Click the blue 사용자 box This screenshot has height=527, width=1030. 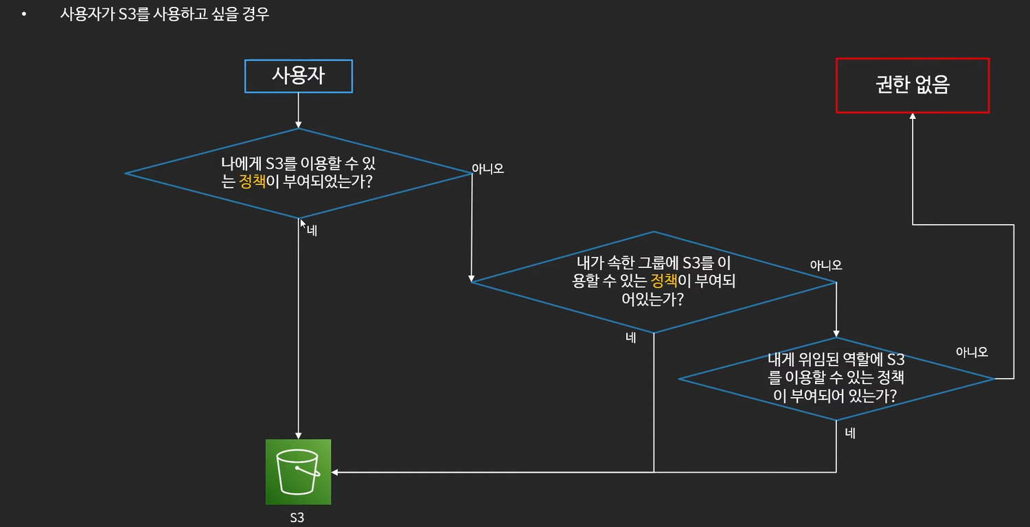tap(298, 76)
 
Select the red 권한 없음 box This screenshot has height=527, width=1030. tap(912, 85)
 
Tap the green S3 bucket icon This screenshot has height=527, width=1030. tap(298, 472)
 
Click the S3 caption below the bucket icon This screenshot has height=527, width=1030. tap(297, 517)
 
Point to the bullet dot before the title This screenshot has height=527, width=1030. tap(25, 14)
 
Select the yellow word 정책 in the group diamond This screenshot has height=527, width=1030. tap(663, 280)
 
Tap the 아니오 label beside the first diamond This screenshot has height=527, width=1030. tap(488, 168)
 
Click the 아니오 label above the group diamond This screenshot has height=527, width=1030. tap(826, 265)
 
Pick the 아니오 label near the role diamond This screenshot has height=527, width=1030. tap(972, 352)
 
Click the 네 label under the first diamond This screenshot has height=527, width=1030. tap(312, 231)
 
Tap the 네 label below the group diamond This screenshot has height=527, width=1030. tap(631, 337)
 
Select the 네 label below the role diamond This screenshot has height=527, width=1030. tap(850, 434)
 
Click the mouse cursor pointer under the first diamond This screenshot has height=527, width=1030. tap(303, 223)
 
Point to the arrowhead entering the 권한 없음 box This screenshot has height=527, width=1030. tap(913, 117)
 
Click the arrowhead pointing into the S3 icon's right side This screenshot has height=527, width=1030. tap(335, 472)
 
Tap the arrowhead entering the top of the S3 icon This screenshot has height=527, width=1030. tap(298, 435)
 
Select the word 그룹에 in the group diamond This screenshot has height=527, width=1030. tap(660, 262)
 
